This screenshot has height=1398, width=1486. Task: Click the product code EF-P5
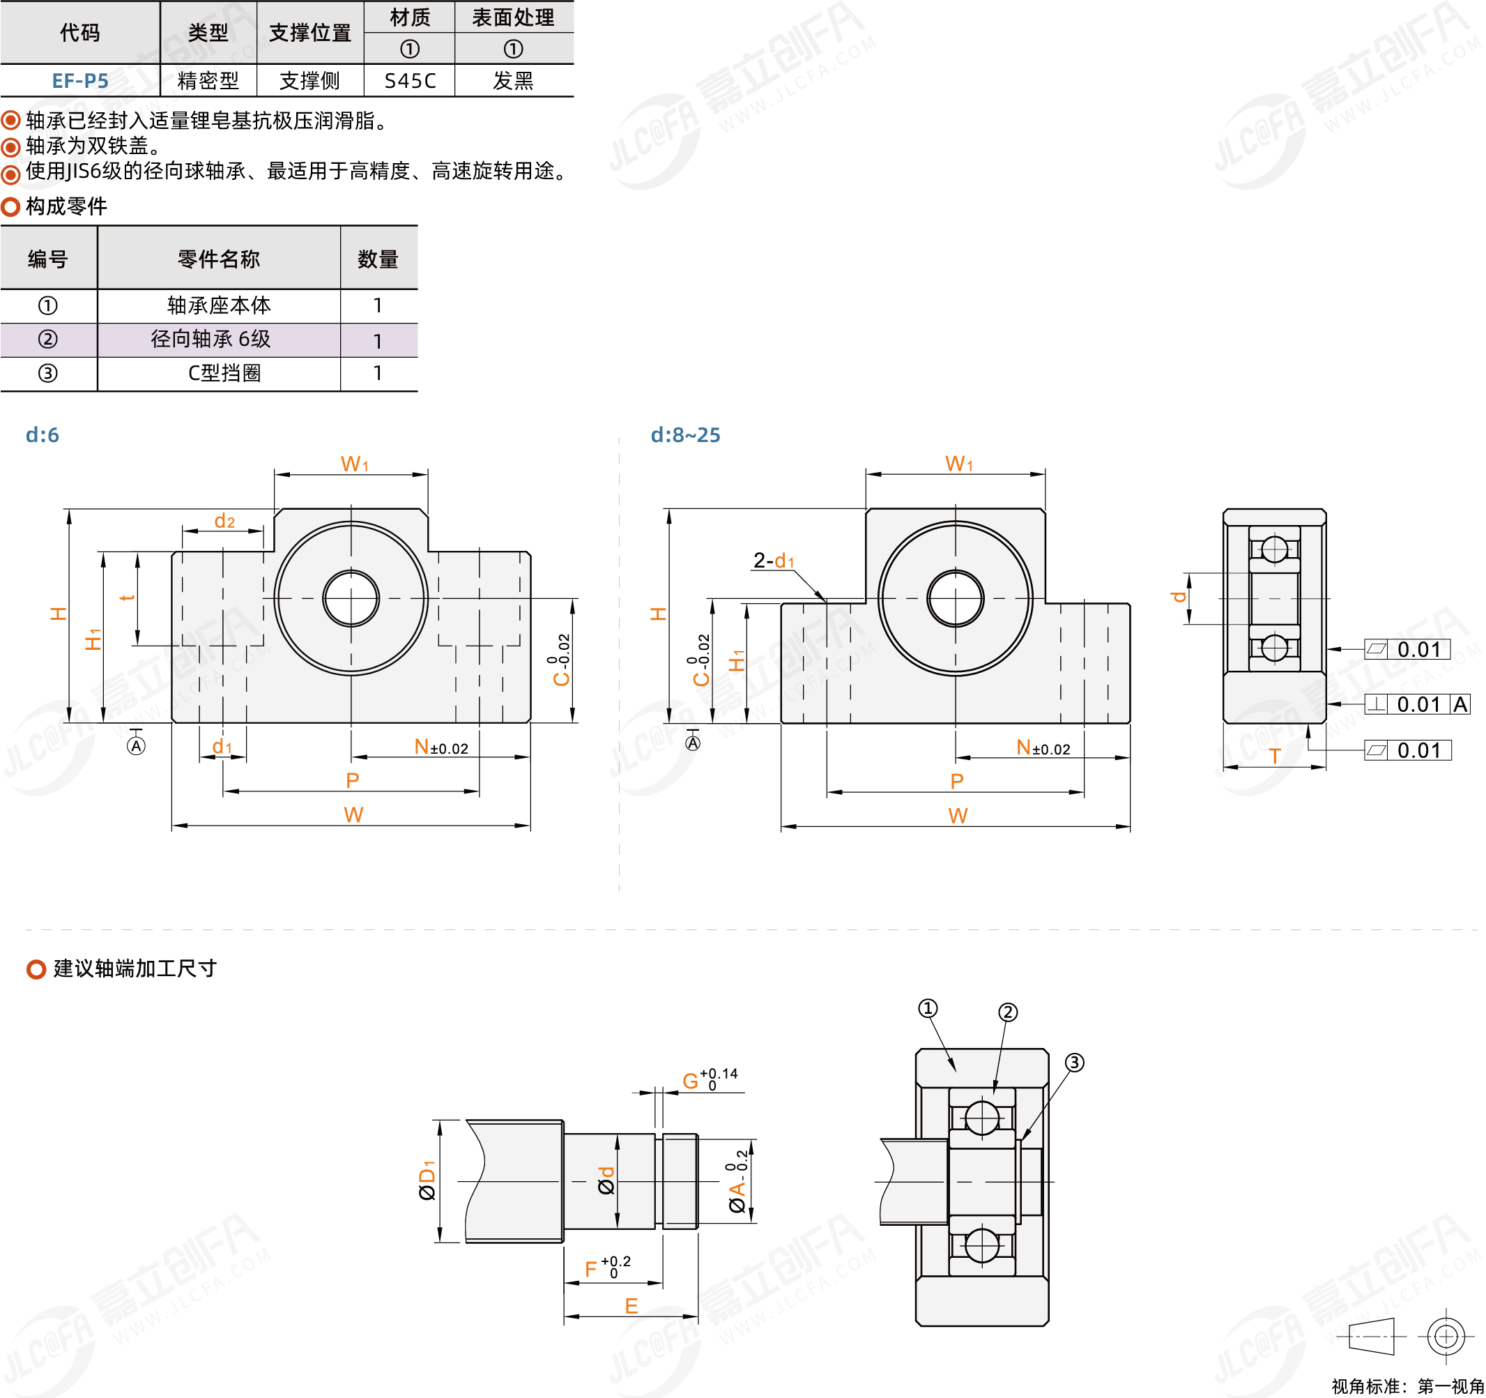[80, 81]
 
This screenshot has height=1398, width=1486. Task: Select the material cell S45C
[410, 81]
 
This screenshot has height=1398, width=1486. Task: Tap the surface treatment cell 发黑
[513, 81]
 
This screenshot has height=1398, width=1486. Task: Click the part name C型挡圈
[224, 373]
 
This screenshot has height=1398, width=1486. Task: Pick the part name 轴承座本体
[218, 305]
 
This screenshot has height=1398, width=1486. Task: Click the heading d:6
[42, 435]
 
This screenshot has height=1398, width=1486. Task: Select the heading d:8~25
[684, 435]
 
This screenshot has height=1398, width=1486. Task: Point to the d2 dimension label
[224, 520]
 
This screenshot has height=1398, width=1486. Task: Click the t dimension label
[127, 598]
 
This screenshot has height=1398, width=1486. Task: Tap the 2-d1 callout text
[774, 560]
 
